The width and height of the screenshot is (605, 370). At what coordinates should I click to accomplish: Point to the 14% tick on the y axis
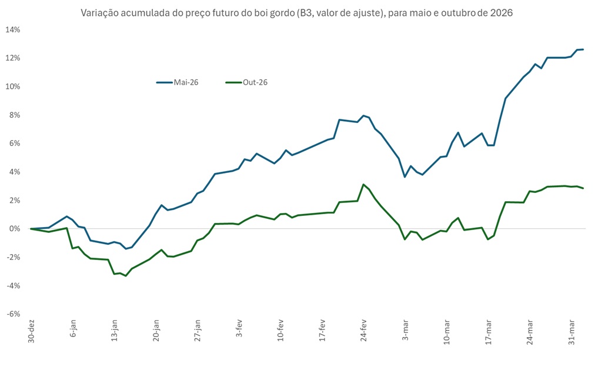coord(12,29)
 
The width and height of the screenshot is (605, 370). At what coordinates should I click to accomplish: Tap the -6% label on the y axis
coord(12,314)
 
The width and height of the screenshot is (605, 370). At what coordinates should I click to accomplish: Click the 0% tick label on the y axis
coord(15,229)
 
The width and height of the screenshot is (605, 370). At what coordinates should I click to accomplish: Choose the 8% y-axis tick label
coord(15,115)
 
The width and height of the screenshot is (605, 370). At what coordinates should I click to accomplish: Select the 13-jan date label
coord(115,332)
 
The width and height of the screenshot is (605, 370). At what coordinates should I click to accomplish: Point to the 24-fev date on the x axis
coord(364,332)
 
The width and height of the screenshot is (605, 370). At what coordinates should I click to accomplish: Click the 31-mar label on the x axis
coord(572,332)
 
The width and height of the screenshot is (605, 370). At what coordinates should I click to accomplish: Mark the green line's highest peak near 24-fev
coord(363,184)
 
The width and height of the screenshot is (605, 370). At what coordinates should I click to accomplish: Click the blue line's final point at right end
coord(583,49)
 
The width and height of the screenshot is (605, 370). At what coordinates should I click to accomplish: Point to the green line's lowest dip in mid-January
coord(126,276)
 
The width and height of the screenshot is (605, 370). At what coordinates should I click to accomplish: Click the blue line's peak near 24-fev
coord(363,115)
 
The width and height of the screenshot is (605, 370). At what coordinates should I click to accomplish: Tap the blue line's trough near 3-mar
coord(405,176)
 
